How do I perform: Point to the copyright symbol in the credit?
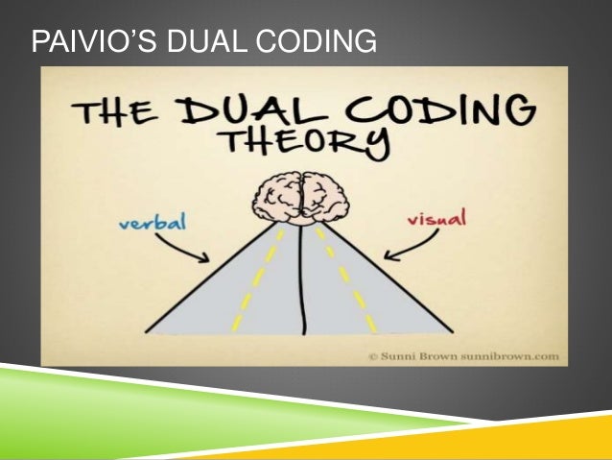pos(372,355)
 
